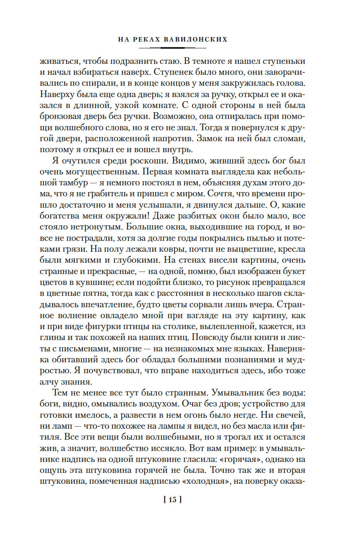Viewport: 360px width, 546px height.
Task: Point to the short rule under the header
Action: [180, 48]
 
